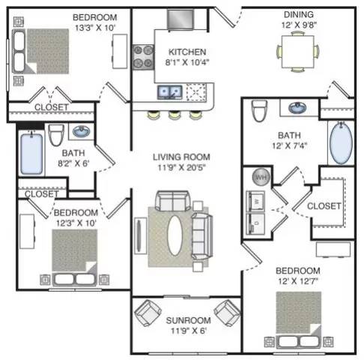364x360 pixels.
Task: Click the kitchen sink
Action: point(170,92)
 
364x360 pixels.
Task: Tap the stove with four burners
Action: point(143,57)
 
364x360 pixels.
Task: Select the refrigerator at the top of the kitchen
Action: point(181,19)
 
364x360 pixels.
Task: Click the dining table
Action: point(298,52)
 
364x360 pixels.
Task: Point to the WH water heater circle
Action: point(261,177)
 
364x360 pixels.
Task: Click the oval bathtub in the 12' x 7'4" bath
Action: point(341,143)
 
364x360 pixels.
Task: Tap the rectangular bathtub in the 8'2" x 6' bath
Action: point(31,154)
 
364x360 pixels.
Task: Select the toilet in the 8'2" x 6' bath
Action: point(56,135)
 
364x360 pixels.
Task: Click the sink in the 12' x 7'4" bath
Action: point(297,108)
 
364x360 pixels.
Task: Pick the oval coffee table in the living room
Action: point(175,235)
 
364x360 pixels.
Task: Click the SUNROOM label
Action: point(188,320)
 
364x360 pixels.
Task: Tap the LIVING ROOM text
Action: point(181,157)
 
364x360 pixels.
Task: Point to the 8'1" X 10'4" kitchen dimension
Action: point(187,62)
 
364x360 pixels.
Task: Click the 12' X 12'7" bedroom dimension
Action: point(298,281)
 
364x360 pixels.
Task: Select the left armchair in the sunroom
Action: point(148,313)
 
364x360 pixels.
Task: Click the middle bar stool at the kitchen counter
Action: point(174,115)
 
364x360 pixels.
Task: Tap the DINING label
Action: point(299,14)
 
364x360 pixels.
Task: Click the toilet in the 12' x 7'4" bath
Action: point(259,110)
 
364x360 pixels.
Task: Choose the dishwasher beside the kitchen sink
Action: point(196,92)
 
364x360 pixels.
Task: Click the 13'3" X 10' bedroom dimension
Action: point(95,28)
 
